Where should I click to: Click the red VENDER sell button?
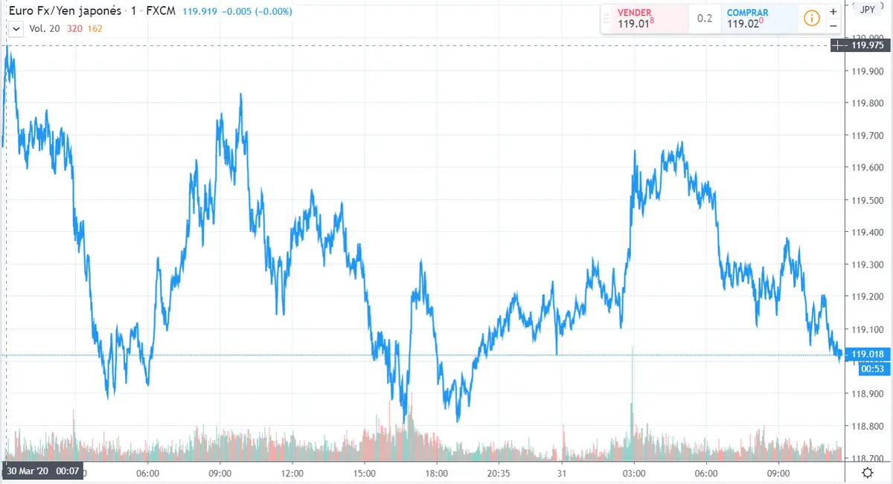tap(644, 18)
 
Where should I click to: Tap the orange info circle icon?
tap(811, 18)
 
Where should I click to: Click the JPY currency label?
tap(867, 9)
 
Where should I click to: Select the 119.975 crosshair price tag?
tap(867, 45)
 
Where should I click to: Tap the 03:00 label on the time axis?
tap(633, 473)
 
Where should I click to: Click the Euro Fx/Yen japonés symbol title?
tap(64, 12)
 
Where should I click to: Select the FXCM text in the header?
tap(162, 12)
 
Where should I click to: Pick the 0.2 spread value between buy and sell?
tap(704, 18)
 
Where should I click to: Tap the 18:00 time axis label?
tap(436, 473)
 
